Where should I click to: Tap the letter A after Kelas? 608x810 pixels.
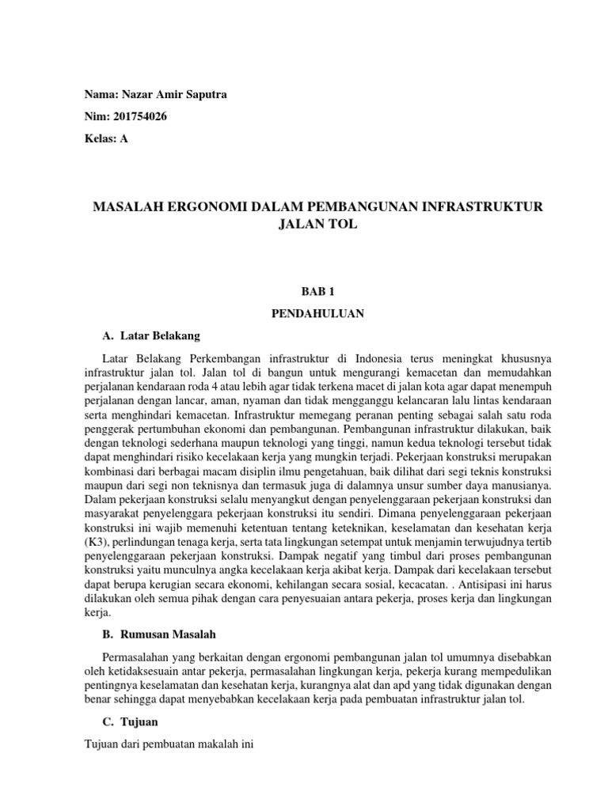pyautogui.click(x=123, y=138)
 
